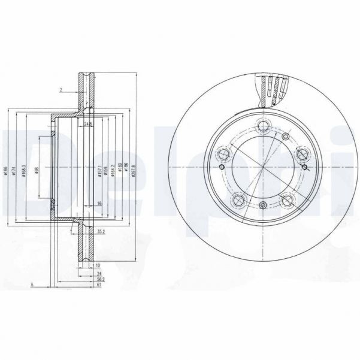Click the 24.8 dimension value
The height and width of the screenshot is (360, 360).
click(88, 125)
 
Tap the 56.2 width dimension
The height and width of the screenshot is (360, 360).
click(101, 279)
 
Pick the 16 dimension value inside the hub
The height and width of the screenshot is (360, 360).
click(99, 204)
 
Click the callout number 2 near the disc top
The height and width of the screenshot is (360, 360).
click(61, 90)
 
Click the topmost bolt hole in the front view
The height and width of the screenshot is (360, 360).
click(262, 126)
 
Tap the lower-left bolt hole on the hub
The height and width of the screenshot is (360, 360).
click(239, 199)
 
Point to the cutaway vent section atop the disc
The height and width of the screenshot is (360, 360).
click(273, 88)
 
